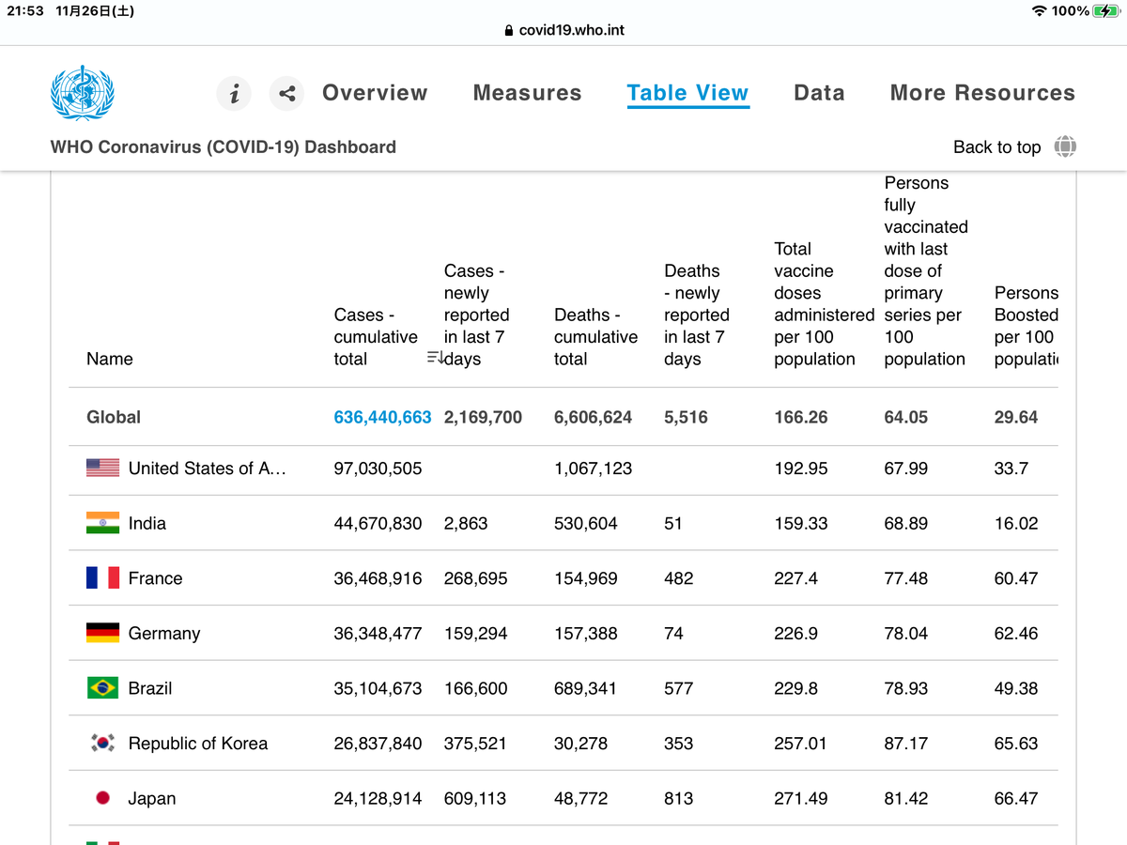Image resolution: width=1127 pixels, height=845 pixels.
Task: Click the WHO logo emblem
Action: (x=82, y=93)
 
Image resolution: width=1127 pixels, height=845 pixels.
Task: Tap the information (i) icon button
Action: (x=234, y=93)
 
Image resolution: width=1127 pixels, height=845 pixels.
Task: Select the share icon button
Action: (x=286, y=93)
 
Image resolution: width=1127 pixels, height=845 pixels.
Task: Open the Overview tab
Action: (x=375, y=93)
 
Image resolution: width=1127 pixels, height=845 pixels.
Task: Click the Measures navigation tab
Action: (x=527, y=93)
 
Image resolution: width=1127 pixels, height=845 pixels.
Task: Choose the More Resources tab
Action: (x=982, y=93)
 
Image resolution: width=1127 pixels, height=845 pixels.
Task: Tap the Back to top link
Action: (x=997, y=147)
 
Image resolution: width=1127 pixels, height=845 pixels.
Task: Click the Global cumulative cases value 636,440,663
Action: (x=382, y=417)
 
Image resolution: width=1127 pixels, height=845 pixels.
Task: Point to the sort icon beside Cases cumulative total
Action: (x=435, y=357)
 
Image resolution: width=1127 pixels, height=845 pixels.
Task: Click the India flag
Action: (x=102, y=523)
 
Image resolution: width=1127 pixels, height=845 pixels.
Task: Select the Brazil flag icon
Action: (x=102, y=688)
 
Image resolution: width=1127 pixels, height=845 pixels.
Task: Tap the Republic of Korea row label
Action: (x=198, y=744)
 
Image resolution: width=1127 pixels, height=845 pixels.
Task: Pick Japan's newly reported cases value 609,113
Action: (x=475, y=798)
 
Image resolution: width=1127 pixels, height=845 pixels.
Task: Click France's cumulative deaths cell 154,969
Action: (x=585, y=578)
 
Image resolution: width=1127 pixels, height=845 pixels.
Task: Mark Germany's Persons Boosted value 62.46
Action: (x=1016, y=633)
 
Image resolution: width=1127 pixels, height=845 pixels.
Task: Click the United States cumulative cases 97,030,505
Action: (x=378, y=469)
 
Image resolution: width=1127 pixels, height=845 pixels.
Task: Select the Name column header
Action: (x=109, y=359)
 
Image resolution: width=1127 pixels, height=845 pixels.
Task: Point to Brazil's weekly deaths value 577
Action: (x=679, y=688)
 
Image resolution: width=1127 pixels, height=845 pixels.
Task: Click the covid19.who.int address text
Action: (x=571, y=30)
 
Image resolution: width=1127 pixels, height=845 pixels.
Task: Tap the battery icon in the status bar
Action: (x=1106, y=10)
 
